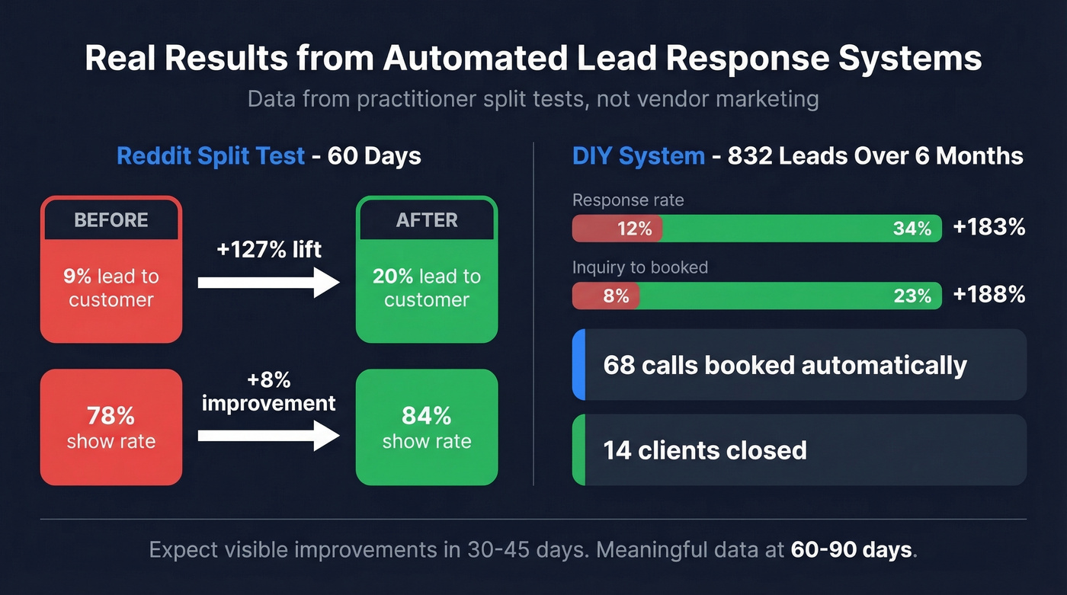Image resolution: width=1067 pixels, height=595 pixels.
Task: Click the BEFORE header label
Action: pos(111,220)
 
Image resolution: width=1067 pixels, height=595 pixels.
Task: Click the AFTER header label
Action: pos(427,220)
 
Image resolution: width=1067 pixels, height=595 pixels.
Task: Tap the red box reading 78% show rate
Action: pos(111,427)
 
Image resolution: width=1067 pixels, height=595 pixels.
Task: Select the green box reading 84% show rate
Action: pos(427,427)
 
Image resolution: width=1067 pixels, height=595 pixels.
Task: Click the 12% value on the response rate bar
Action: pos(634,229)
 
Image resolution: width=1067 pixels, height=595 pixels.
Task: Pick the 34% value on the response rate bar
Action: pos(912,229)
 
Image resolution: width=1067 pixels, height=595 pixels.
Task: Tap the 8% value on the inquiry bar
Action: pos(616,296)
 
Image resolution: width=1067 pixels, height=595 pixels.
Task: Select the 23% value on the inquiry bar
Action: pos(912,296)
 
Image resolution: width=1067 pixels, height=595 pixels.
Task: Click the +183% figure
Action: pos(988,228)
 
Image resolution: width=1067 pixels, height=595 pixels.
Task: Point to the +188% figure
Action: pos(988,295)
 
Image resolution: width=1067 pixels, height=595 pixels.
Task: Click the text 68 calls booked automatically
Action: pos(785,365)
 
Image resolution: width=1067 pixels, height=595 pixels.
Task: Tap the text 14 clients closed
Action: pos(705,450)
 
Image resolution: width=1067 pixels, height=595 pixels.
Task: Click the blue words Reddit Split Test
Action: pos(210,156)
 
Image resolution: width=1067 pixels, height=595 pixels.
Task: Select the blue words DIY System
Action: pos(639,156)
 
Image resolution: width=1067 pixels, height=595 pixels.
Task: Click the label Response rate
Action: pos(628,200)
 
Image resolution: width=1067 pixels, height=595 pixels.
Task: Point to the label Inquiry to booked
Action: pos(640,267)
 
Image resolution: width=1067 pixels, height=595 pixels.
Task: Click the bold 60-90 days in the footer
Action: pos(851,550)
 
